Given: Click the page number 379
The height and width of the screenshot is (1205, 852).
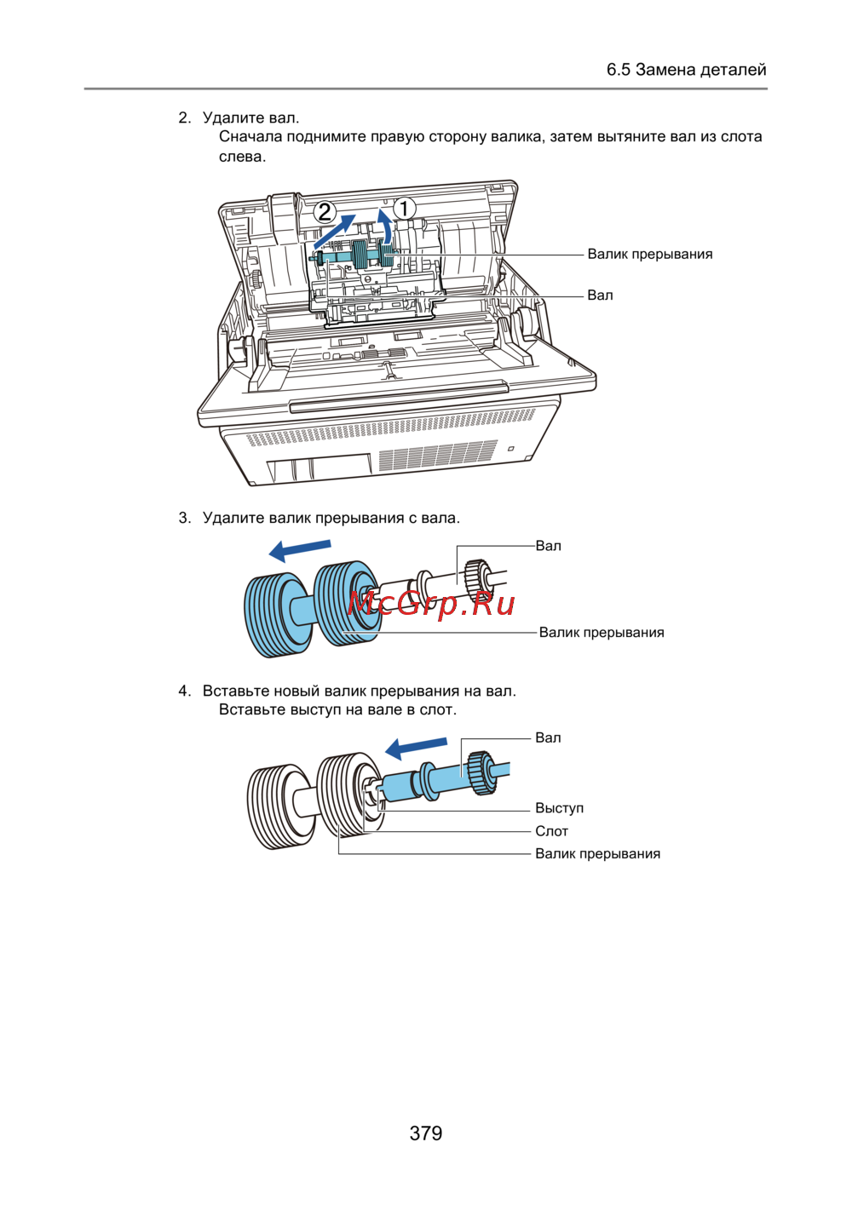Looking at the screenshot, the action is pos(426,1133).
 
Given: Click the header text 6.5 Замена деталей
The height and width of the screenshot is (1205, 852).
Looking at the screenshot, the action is pos(686,70).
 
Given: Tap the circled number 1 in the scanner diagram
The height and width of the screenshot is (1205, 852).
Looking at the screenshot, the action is pos(404,209).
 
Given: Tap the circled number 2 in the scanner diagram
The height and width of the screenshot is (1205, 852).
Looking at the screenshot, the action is pos(325,212).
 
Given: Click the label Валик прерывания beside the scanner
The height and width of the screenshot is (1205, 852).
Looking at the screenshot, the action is pos(649,254).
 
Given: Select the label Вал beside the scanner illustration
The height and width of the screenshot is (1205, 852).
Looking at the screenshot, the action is pos(600,296).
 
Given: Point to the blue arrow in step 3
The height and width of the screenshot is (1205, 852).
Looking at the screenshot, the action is pos(300,550).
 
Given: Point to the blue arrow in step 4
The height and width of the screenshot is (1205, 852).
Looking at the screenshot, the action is pos(416,749).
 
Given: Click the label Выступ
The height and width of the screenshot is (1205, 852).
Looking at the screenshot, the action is pos(559,808).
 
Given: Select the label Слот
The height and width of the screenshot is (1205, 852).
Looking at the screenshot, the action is pos(552,831).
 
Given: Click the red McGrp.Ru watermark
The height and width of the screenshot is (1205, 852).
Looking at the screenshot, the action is pos(431,604).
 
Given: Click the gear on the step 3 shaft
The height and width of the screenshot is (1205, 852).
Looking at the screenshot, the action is pos(476,582).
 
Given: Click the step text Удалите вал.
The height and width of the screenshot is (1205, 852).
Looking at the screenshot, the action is pos(250,118).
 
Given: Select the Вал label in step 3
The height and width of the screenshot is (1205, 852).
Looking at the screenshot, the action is pos(549,546).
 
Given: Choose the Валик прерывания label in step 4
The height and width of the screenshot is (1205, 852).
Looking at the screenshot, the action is pos(597,854).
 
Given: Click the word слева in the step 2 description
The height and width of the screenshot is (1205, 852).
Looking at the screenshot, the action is pos(242,158).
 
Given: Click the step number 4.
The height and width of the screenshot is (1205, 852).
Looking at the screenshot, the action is pos(185,691).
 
